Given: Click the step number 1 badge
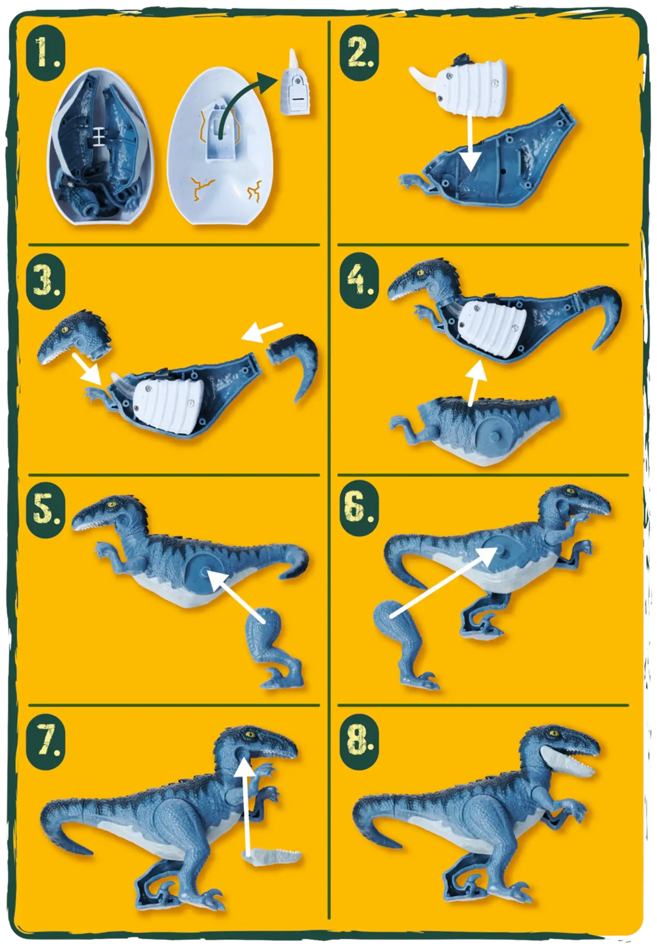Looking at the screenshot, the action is [x=46, y=54].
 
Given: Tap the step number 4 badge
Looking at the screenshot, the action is [x=359, y=280].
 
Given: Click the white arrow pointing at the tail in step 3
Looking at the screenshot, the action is [x=261, y=332].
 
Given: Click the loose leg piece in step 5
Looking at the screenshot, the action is [x=275, y=648].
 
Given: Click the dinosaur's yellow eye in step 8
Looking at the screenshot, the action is [x=552, y=733].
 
